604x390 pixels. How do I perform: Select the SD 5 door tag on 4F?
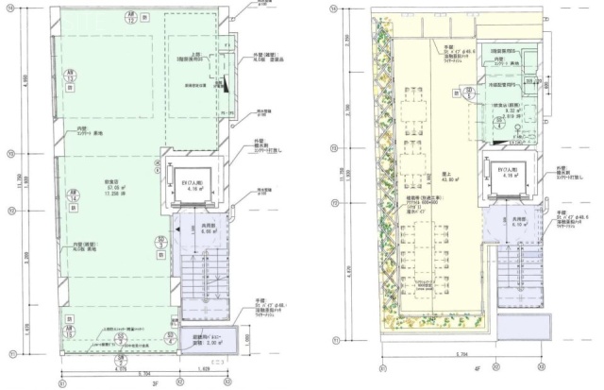(469, 91)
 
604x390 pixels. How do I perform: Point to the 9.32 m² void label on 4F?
(511, 110)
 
